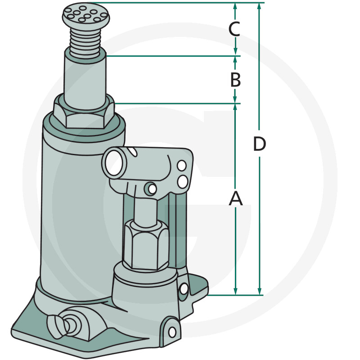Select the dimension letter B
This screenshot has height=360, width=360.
(x=235, y=80)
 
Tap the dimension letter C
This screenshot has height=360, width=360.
(x=234, y=29)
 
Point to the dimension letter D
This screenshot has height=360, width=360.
(x=260, y=144)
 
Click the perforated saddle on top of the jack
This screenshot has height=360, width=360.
(x=86, y=14)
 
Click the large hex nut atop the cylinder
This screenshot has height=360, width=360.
(x=84, y=112)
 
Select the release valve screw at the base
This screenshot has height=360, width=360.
(x=63, y=324)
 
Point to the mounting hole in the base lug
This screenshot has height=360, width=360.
(x=172, y=332)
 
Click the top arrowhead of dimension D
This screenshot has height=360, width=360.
(x=259, y=6)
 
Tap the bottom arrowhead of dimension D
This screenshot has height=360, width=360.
(x=259, y=292)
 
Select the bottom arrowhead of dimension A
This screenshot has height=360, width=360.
(x=235, y=292)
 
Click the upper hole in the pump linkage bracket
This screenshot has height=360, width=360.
(x=182, y=166)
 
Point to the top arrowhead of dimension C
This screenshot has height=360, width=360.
(x=235, y=6)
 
